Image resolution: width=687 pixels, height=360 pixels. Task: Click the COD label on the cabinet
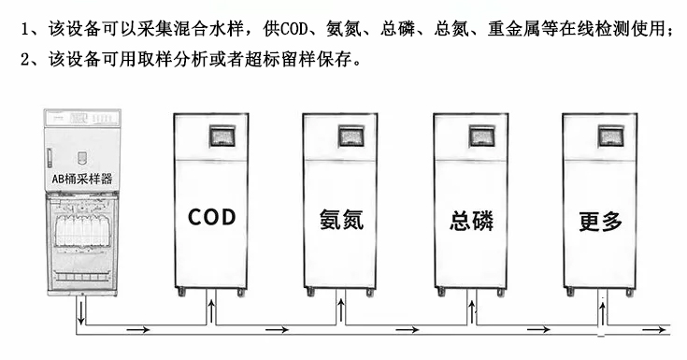[x=212, y=218]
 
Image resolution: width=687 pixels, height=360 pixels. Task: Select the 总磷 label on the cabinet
[x=471, y=222]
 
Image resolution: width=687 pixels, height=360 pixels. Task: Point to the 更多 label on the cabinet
[x=600, y=222]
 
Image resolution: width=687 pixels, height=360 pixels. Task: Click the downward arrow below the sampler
[x=82, y=312]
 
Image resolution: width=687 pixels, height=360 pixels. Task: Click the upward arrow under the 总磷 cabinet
[x=473, y=310]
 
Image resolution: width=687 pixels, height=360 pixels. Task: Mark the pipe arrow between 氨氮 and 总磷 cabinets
[x=409, y=329]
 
